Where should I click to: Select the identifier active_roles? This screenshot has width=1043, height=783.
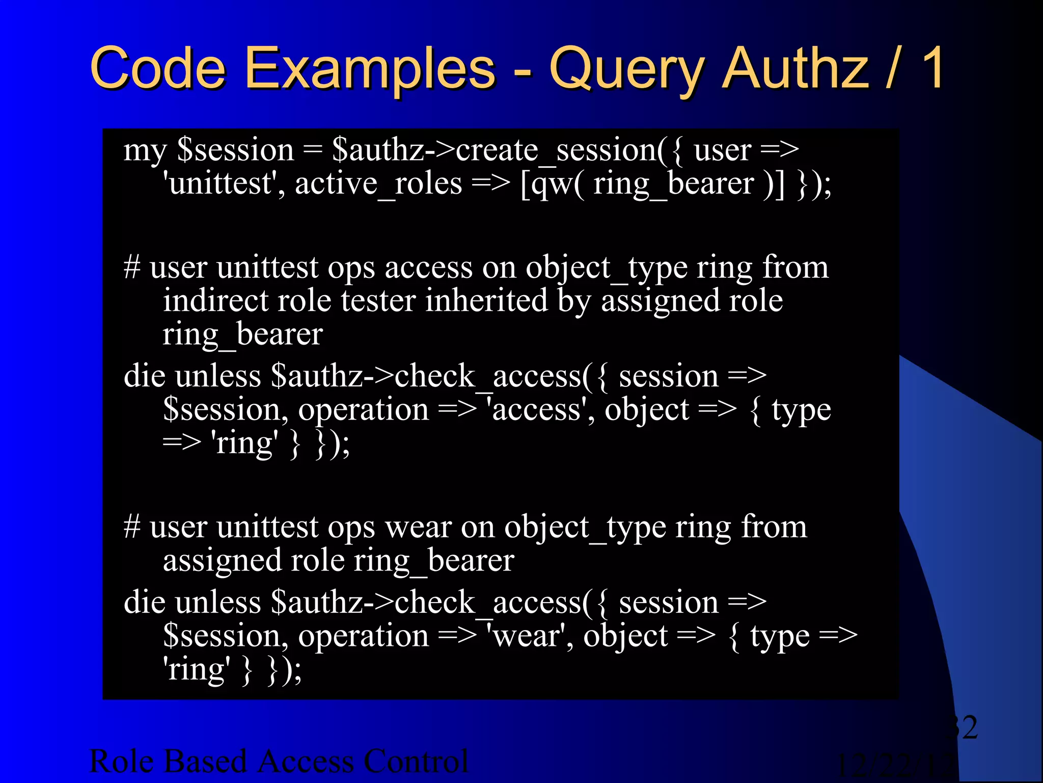(x=378, y=184)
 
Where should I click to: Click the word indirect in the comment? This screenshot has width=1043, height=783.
(x=215, y=300)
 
